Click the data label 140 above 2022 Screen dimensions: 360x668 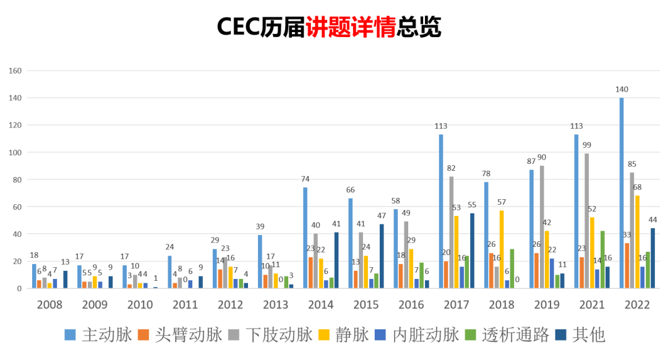(x=622, y=90)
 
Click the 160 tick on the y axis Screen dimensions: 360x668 (x=15, y=71)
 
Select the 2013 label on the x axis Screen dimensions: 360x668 (x=275, y=304)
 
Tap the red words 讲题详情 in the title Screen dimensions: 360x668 (x=351, y=26)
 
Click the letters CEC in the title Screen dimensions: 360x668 (x=238, y=26)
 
